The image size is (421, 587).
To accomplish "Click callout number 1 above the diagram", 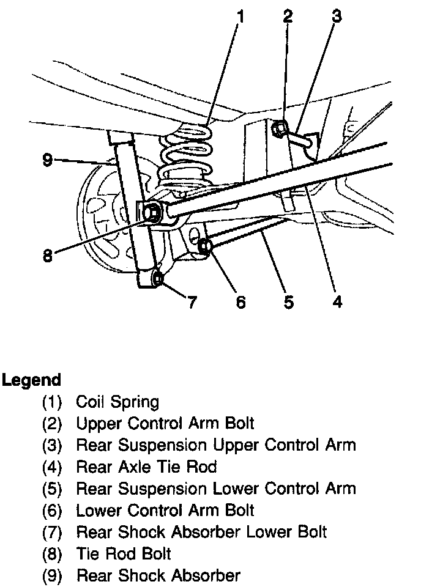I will pos(240,17).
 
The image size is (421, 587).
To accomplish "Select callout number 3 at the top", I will pos(336,17).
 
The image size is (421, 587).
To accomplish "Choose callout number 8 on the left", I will pos(48,255).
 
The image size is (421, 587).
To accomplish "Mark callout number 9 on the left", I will pos(48,160).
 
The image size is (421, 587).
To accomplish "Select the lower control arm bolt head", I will pos(205,246).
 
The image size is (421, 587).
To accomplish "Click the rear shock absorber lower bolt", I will pos(158,279).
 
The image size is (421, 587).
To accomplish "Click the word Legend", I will pos(31,380).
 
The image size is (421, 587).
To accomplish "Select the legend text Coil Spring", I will pos(117,402).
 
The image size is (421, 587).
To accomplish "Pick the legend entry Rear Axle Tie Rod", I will pos(146,467).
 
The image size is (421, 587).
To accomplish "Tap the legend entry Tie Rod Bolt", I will pos(123,553).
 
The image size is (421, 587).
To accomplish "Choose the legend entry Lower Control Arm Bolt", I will pos(165,509).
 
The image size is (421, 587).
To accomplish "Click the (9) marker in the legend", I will pos(52,575).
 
